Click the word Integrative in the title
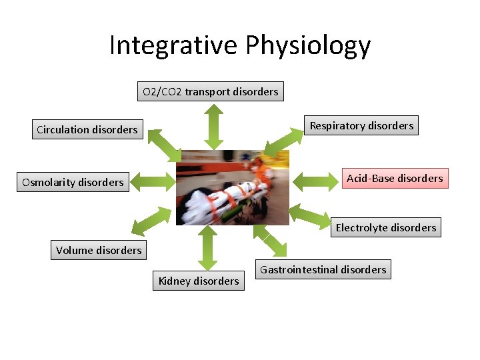point(173,46)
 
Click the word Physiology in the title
point(308,46)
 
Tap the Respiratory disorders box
point(361,125)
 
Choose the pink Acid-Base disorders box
point(395,178)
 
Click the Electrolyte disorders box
point(386,227)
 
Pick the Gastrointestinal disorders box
point(323,269)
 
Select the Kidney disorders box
point(199,281)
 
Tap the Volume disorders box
point(99,250)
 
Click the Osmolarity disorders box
point(73,182)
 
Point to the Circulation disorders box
point(87,129)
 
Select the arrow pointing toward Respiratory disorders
point(283,143)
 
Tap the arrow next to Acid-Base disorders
point(316,179)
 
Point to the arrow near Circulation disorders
point(164,145)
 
